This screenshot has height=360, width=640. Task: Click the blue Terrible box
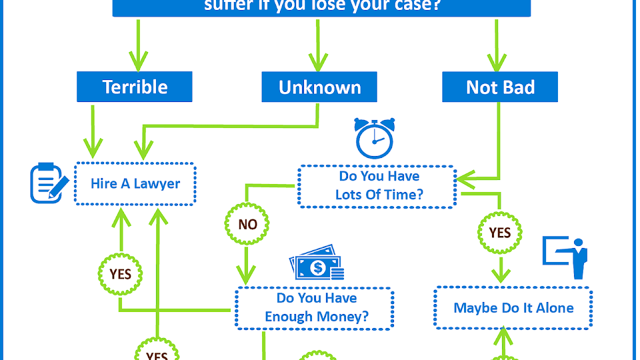pos(134,86)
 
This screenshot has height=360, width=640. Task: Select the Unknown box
pos(319,87)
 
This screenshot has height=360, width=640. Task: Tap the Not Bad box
pos(500,87)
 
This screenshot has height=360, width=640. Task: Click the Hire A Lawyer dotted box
pos(135,183)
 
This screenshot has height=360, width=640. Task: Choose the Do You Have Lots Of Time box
pos(377,185)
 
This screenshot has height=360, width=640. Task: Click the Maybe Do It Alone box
pos(513,307)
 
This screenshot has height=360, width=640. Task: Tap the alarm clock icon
pos(374,138)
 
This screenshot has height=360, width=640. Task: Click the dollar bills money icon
pos(317,263)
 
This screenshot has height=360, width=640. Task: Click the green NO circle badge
pos(247,224)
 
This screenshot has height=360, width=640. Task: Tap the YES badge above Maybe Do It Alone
pos(500,232)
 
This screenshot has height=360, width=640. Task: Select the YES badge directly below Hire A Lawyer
pos(120,273)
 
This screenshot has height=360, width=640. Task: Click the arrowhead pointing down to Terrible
pos(138,62)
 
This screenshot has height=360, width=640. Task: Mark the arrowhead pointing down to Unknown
pos(317,62)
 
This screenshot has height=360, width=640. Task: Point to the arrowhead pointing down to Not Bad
pos(496,62)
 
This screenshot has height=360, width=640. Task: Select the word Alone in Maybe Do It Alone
pos(555,307)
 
